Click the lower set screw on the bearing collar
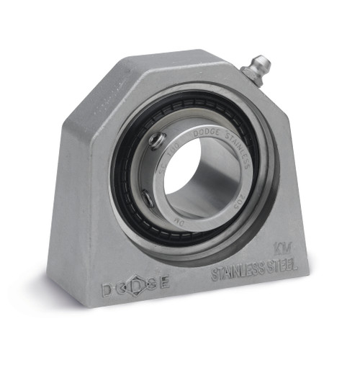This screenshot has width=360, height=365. [x=146, y=195]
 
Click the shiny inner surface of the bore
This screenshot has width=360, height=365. [x=216, y=191]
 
